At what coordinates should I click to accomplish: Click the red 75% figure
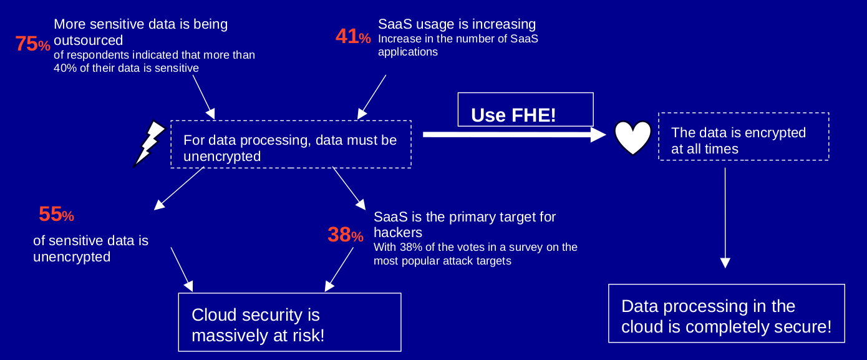click(33, 44)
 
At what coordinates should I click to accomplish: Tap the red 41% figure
click(353, 36)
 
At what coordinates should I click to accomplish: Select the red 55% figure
click(57, 214)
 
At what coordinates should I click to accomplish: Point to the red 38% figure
click(346, 235)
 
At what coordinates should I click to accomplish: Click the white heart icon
click(633, 137)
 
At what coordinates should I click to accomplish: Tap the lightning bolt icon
click(150, 144)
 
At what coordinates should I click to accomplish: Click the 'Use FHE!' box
click(526, 110)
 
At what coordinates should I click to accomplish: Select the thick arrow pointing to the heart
click(515, 135)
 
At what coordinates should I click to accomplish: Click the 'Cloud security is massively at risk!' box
click(289, 322)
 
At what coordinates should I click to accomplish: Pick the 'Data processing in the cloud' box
click(727, 314)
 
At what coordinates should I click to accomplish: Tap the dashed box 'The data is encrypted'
click(743, 137)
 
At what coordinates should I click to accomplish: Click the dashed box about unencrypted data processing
click(291, 144)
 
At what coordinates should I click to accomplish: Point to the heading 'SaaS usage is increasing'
click(457, 24)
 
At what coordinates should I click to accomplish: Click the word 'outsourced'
click(88, 41)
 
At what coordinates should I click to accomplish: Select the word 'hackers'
click(398, 232)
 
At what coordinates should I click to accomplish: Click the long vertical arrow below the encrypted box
click(725, 218)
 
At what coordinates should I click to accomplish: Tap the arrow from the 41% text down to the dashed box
click(372, 97)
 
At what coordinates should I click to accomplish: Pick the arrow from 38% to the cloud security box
click(339, 270)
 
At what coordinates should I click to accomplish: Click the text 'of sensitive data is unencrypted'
click(90, 248)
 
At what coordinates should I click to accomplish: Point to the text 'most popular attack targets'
click(442, 261)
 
